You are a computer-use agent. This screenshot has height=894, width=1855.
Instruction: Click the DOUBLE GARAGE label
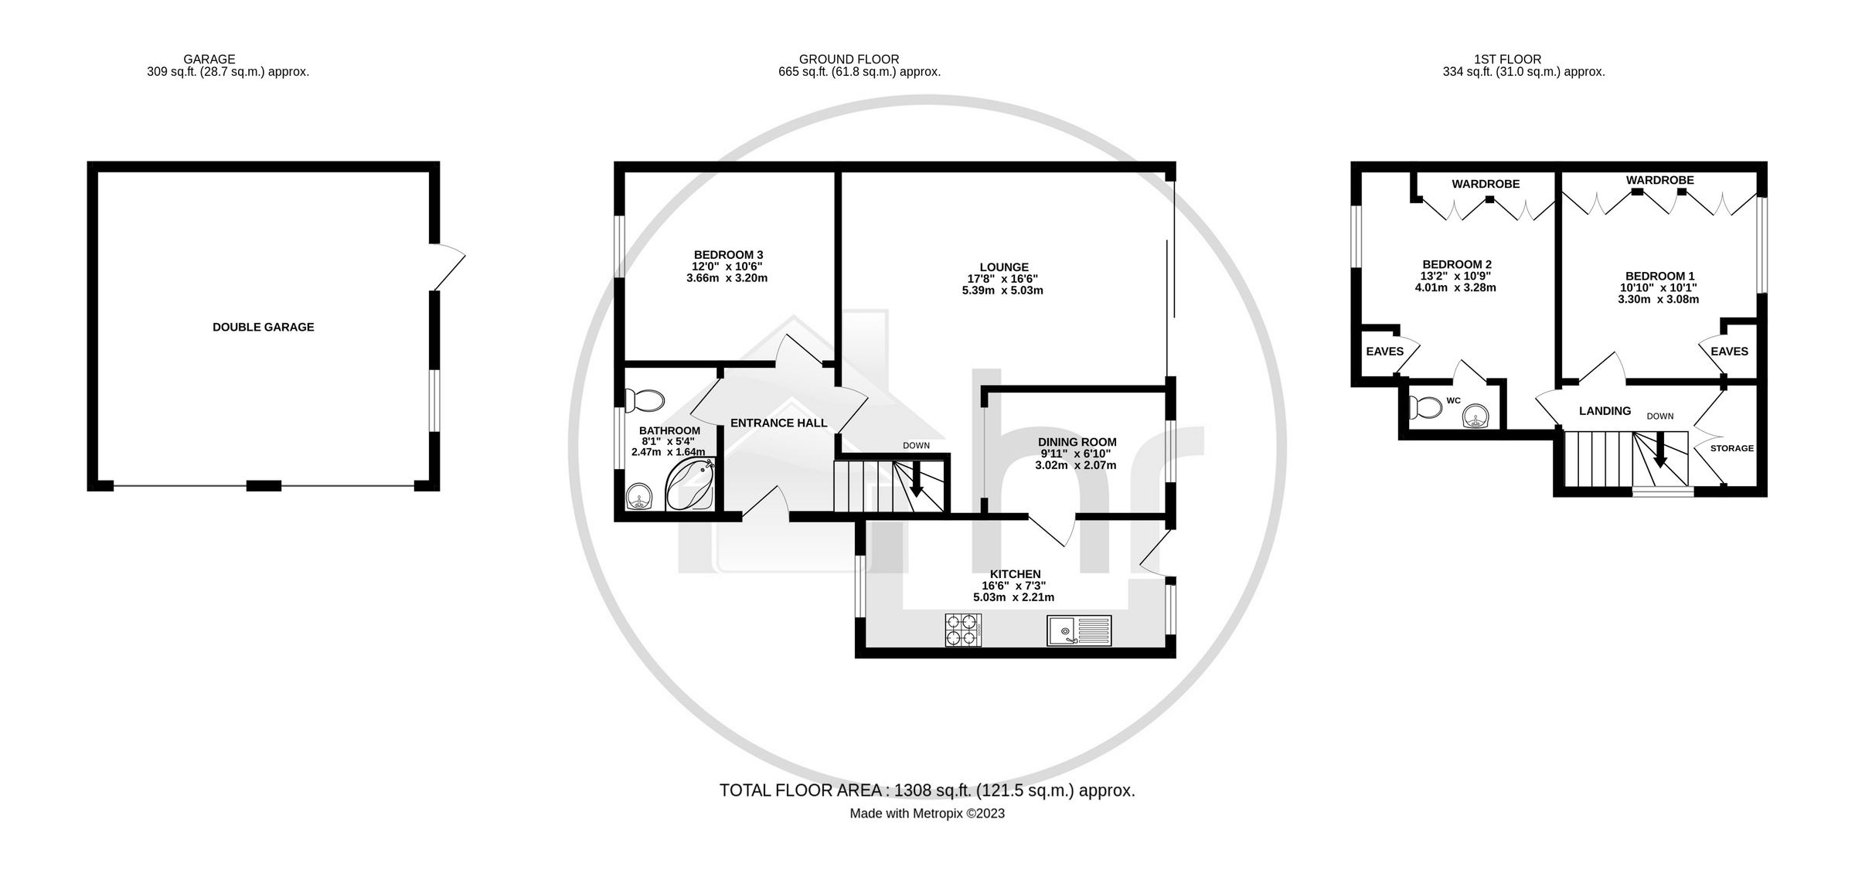tap(263, 327)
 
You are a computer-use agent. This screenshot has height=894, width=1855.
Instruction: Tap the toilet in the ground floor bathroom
tap(646, 400)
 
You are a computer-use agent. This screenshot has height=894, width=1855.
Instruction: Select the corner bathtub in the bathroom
tap(692, 484)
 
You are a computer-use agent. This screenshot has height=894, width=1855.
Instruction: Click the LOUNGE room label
tap(1004, 267)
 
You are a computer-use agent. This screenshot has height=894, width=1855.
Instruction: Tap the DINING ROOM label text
tap(1077, 442)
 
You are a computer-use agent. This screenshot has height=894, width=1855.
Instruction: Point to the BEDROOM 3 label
tap(728, 255)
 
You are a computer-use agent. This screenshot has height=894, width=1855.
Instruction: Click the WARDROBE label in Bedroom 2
tap(1485, 184)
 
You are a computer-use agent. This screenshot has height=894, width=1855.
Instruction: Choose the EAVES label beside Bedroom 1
tap(1729, 352)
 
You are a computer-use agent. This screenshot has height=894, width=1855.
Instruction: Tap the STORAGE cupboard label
tap(1731, 448)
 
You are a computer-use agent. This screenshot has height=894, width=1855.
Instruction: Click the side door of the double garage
tap(449, 268)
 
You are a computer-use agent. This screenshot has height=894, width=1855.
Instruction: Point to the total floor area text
tap(927, 790)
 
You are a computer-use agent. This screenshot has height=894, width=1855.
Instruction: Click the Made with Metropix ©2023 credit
tap(927, 814)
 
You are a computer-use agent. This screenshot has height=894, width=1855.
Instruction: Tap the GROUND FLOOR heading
tap(849, 59)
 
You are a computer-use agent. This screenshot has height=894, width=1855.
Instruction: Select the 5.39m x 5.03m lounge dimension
tap(1002, 291)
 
